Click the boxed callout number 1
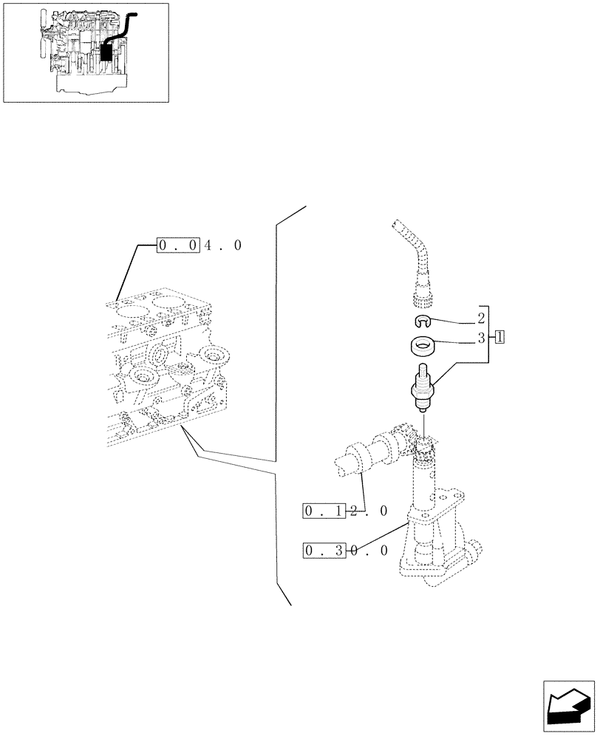point(500,338)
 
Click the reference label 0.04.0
point(200,245)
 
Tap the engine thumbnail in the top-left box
point(85,52)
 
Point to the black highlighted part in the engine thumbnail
point(107,50)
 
